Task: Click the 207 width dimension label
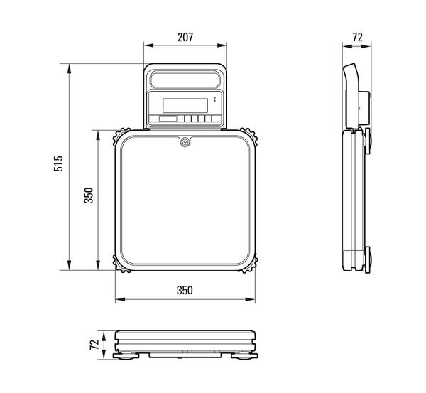point(185,37)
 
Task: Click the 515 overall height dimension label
point(58,163)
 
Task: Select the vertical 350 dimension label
point(89,195)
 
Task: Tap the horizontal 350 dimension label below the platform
point(185,290)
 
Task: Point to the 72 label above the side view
point(357,37)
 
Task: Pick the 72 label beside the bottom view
point(94,345)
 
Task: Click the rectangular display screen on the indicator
point(185,105)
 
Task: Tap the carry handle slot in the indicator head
point(185,79)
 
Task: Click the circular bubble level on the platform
point(185,141)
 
